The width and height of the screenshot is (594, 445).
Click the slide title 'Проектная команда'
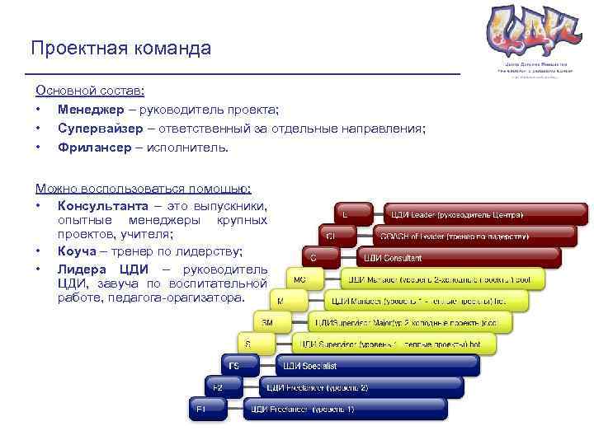pos(120,49)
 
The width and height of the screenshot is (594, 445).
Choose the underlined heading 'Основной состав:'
pos(90,91)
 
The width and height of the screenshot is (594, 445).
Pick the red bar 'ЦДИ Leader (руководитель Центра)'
pos(485,215)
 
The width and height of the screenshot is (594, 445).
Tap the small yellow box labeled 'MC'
pos(299,279)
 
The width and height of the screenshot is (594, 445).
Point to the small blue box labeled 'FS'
pos(234,365)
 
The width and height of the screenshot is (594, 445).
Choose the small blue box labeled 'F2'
pos(218,386)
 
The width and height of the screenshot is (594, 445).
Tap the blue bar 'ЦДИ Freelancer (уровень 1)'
pos(344,409)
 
